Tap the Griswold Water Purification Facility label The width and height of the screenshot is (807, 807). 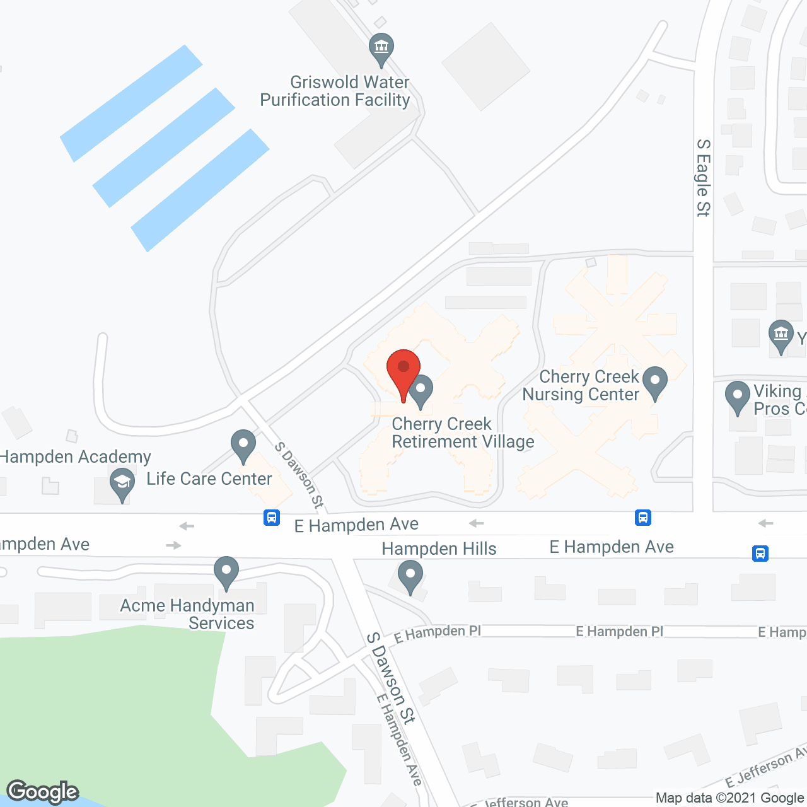click(x=335, y=91)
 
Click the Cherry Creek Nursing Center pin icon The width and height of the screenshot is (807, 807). click(x=655, y=383)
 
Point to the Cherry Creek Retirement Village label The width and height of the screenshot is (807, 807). click(x=463, y=433)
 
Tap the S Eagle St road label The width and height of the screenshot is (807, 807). click(x=703, y=178)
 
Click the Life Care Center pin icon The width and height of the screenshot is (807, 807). click(x=243, y=446)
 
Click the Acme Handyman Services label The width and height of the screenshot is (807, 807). click(x=188, y=614)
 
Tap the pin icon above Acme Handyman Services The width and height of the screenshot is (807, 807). click(x=226, y=572)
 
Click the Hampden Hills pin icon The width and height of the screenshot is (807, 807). click(x=410, y=577)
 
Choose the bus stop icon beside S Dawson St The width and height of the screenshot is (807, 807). click(x=272, y=518)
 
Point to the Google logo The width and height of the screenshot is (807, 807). click(x=43, y=791)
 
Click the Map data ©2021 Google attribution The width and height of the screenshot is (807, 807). click(x=730, y=798)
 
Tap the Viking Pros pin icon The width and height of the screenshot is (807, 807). click(x=737, y=397)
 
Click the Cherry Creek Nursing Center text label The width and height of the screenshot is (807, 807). click(x=581, y=385)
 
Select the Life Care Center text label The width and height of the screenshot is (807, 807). click(x=209, y=479)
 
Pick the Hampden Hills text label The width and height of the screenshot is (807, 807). click(x=439, y=549)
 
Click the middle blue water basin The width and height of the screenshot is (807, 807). click(x=164, y=148)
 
